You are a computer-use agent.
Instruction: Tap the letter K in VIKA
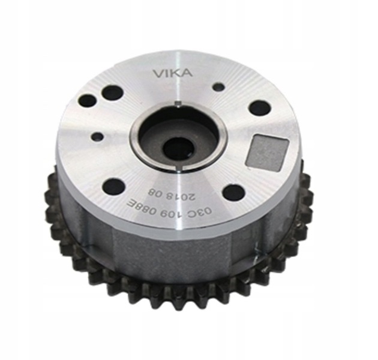pos(178,74)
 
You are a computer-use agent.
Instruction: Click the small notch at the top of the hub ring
pos(178,104)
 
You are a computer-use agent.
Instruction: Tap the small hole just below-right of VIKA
pos(219,86)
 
